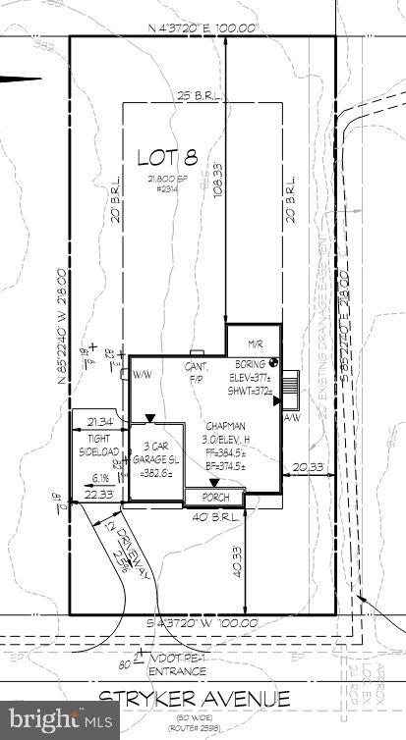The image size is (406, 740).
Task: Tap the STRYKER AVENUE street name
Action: pos(196,699)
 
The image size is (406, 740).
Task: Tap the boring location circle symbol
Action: pos(274,364)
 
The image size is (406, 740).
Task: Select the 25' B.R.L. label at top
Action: pos(203,96)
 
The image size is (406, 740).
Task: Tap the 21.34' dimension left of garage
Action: pos(102,421)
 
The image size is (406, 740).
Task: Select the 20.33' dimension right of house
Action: pos(309,468)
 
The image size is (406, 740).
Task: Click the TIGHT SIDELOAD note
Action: pos(99,447)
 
